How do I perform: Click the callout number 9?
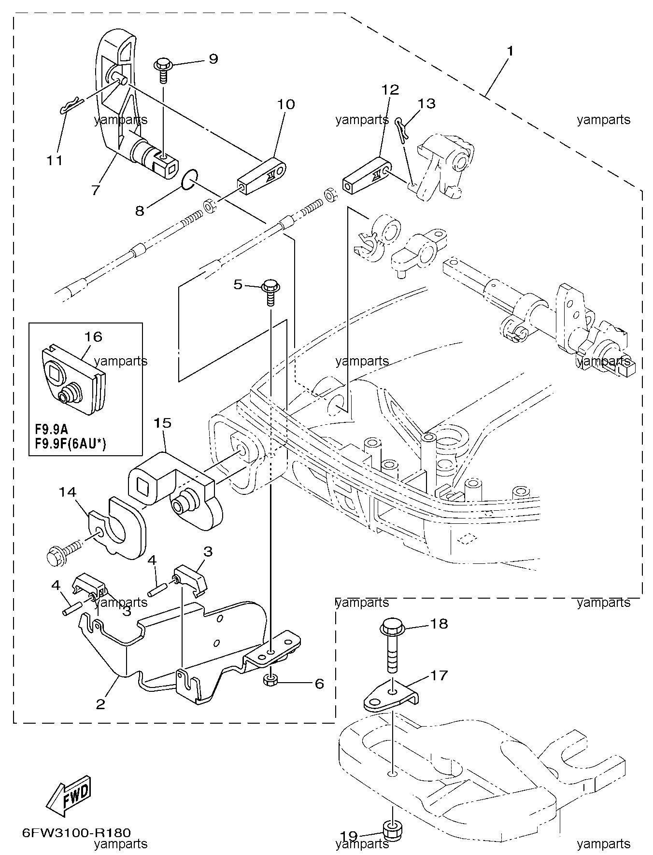(213, 59)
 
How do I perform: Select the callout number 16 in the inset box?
(93, 336)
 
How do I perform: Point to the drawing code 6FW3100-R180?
(76, 832)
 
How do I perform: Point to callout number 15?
(163, 423)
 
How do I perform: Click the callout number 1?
(511, 51)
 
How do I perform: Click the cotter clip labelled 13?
(403, 129)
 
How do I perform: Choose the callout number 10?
(286, 104)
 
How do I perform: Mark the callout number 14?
(68, 492)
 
